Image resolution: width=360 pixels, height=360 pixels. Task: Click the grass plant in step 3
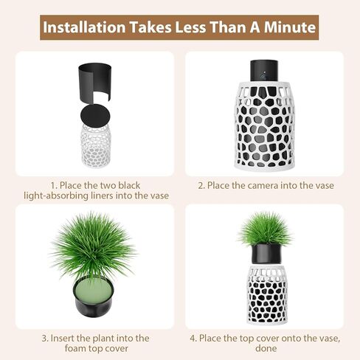(x=94, y=243)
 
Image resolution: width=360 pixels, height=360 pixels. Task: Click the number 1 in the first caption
(x=53, y=184)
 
